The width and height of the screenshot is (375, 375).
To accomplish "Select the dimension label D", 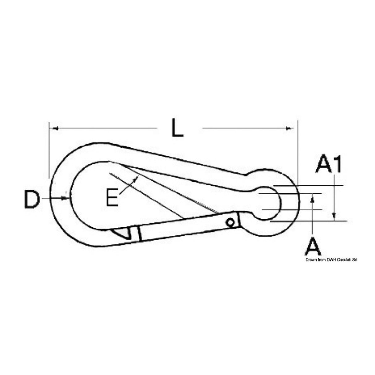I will tap(32, 200).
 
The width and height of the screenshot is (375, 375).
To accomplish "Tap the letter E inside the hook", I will tap(112, 198).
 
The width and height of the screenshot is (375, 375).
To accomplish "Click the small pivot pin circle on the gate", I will tap(230, 222).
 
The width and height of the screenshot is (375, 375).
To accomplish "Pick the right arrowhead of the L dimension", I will tap(290, 128).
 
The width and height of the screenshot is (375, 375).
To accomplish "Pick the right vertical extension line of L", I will tap(298, 148).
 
